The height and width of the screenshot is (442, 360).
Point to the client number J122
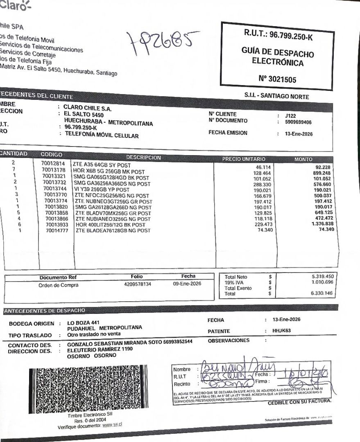290,116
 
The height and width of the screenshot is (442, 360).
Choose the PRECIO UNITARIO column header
244,159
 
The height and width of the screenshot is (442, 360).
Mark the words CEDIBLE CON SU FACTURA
299,402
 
